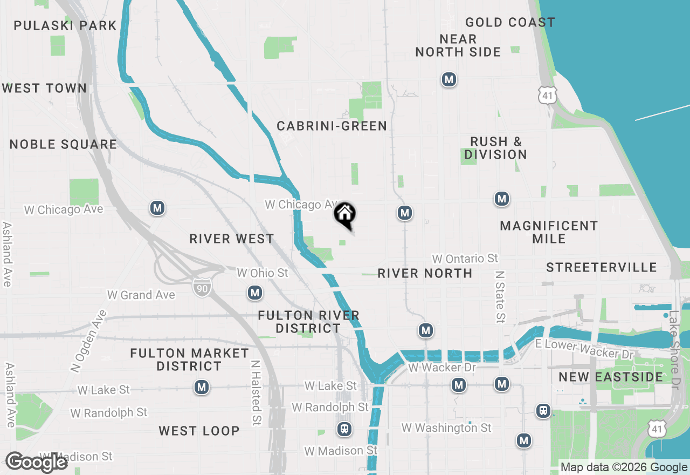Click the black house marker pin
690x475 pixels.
345,215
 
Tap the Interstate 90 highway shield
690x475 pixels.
202,286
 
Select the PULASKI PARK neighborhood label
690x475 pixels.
65,25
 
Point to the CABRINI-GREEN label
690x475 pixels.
332,126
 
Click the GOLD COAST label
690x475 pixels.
510,22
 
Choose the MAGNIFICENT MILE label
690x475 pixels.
549,232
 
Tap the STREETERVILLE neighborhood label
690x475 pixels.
601,267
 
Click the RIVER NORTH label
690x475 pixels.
425,273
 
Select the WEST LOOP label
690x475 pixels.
199,431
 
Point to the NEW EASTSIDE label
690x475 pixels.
611,377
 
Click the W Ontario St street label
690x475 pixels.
465,259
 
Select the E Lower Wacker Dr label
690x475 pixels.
584,349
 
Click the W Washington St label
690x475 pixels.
446,428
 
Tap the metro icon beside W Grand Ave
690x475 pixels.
254,293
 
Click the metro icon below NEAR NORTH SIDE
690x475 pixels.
448,80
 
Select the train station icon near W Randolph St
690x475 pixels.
343,430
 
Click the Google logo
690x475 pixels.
36,462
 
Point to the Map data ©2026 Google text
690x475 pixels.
624,467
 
